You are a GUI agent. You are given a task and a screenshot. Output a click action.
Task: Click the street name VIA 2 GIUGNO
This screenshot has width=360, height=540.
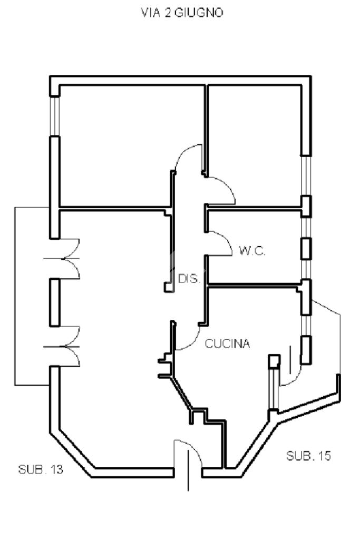point(182,13)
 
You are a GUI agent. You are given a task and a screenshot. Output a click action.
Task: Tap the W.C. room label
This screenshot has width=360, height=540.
point(252,251)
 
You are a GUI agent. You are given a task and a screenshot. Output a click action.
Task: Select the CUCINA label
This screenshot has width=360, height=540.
point(227,343)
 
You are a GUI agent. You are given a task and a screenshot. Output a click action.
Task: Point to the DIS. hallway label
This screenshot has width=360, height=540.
point(189,278)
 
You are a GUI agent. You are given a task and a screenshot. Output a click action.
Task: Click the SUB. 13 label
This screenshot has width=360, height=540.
point(41,469)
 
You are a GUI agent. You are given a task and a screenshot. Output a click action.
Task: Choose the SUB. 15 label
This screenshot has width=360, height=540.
point(308,456)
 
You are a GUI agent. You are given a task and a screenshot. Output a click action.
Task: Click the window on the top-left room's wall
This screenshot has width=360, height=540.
point(55,116)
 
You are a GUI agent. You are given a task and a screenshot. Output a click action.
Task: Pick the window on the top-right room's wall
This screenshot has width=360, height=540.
point(306,175)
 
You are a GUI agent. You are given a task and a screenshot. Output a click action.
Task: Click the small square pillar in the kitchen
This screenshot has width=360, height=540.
point(274,361)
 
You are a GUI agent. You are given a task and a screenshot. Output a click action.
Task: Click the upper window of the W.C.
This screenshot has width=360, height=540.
point(306,227)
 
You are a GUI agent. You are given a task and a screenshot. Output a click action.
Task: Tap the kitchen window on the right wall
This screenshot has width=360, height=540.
point(306,326)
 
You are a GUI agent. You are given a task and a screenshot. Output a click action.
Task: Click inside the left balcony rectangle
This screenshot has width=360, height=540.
point(32,296)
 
